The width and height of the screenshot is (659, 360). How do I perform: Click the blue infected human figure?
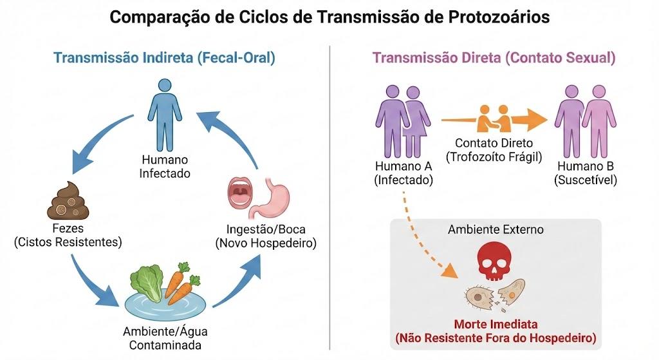165,115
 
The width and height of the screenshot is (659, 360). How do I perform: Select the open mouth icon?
240,192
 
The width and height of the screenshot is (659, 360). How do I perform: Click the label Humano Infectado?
165,167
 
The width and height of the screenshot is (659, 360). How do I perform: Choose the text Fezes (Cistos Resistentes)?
68,235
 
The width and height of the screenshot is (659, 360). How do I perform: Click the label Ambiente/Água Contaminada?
165,338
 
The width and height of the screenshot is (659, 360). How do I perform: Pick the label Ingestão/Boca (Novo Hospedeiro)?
266,236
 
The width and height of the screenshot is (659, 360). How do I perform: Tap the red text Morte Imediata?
496,324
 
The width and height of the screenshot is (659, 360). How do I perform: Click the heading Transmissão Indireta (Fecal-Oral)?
164,57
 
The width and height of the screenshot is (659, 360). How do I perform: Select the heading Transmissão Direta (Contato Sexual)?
494,57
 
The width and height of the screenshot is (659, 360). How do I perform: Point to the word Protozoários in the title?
499,17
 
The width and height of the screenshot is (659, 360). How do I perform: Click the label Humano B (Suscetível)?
586,173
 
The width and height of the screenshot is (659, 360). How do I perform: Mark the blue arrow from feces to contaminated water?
93,282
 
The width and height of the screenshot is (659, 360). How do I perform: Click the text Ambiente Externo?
496,230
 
